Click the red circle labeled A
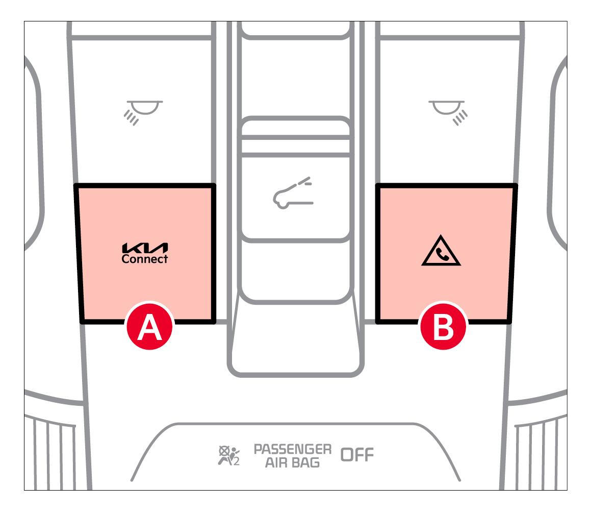click(150, 326)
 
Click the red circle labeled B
click(443, 326)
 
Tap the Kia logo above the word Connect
click(145, 248)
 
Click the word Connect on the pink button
click(145, 259)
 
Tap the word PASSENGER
click(293, 449)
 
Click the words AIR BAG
click(292, 463)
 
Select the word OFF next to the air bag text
click(357, 455)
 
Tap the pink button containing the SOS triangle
click(447, 253)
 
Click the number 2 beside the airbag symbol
click(236, 461)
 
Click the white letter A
click(150, 327)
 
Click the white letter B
click(444, 327)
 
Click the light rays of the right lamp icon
click(460, 118)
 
